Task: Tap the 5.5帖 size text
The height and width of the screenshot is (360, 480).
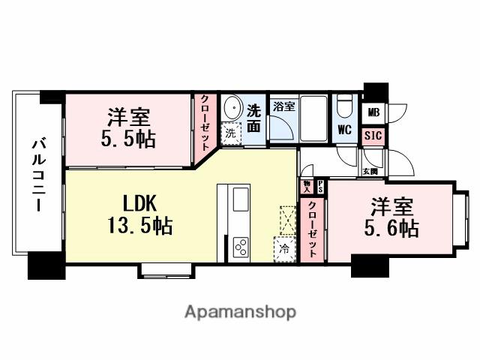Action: [129, 138]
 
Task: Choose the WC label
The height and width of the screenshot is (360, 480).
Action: [345, 129]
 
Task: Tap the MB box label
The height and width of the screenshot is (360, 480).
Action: [373, 113]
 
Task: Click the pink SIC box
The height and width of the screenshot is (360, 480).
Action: [373, 136]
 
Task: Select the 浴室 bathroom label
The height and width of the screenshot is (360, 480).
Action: [283, 106]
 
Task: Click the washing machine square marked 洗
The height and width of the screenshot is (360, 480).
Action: [229, 132]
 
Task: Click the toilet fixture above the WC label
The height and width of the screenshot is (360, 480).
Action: [345, 105]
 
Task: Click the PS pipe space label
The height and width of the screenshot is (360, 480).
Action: [320, 185]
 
